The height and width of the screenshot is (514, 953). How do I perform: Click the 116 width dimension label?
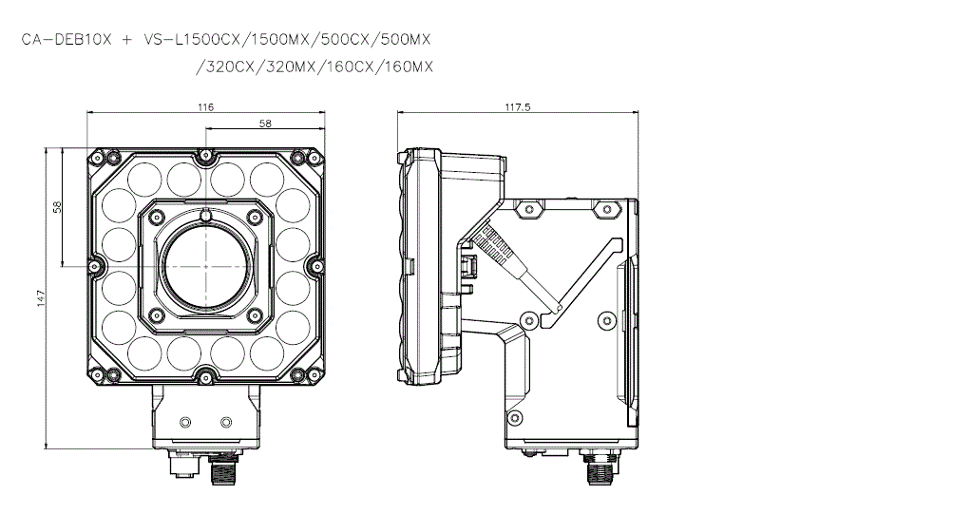(x=205, y=107)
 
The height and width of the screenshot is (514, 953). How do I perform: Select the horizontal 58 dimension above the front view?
(x=265, y=124)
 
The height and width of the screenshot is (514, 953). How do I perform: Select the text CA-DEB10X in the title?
(x=67, y=40)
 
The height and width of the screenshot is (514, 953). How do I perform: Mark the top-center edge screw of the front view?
(x=205, y=155)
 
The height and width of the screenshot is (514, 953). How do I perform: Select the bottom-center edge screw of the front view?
(x=205, y=376)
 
